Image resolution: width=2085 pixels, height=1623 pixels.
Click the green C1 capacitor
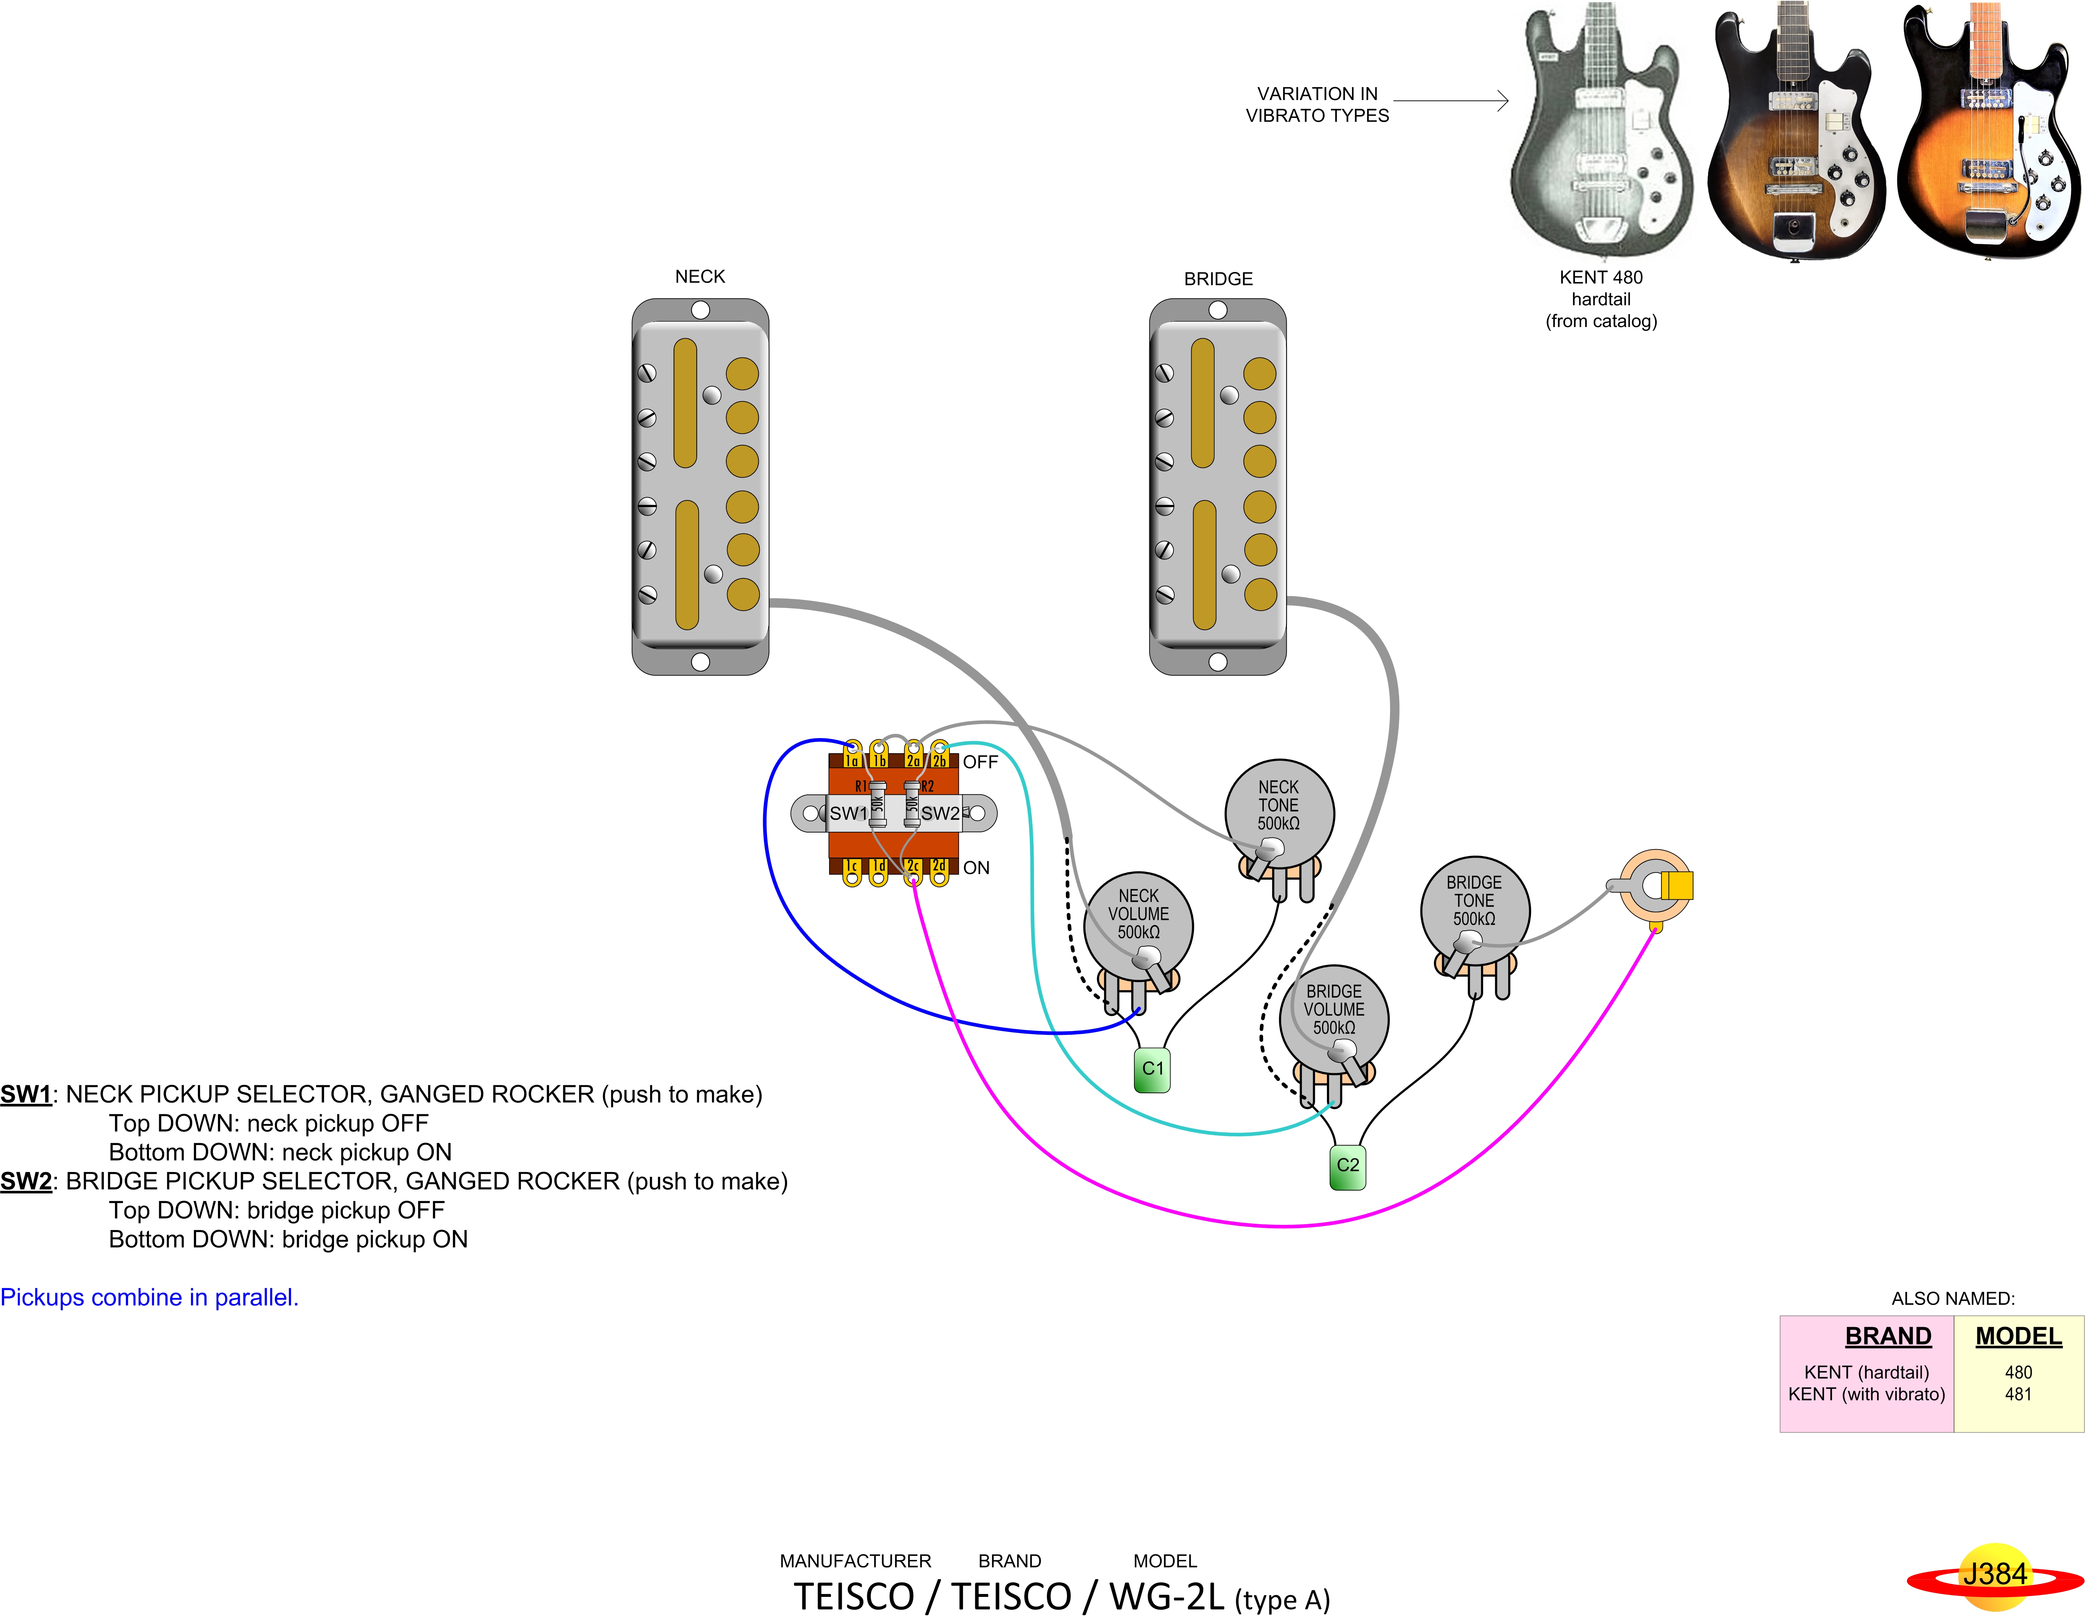pos(1152,1069)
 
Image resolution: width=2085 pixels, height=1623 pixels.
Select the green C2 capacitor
pos(1348,1166)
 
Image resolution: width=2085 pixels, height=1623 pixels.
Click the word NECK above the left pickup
pos(700,277)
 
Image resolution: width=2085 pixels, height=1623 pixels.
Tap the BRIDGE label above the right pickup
pos(1218,279)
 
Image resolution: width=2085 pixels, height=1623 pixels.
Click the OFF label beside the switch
pos(980,762)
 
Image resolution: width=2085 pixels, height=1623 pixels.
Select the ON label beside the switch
pos(976,868)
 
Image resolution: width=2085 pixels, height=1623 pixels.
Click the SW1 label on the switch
pos(848,813)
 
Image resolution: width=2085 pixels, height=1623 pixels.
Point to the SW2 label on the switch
pos(940,813)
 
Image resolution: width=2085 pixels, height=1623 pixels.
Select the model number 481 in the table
pos(2018,1394)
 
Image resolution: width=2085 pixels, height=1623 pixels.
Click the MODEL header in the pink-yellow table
pos(2018,1337)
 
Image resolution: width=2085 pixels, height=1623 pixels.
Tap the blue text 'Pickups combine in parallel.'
pos(149,1297)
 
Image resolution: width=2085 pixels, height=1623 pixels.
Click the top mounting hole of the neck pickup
pos(700,310)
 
